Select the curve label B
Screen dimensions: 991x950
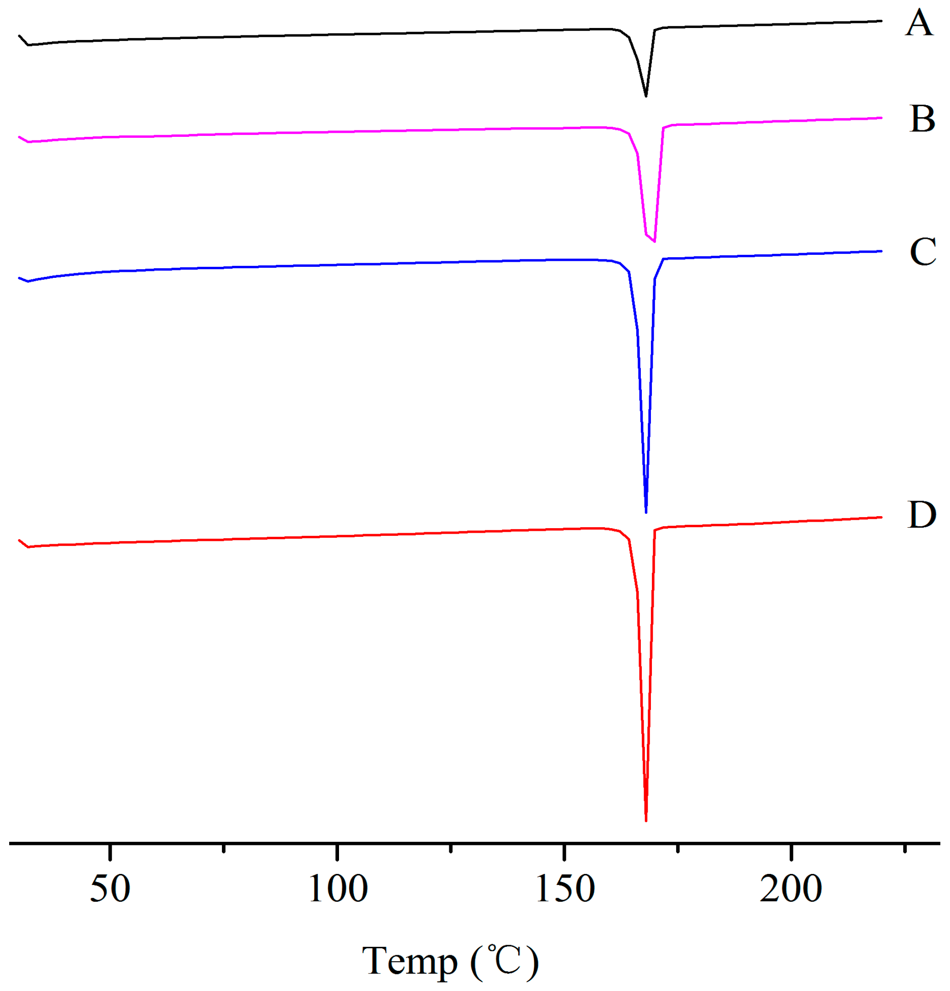[922, 119]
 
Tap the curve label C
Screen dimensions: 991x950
[922, 252]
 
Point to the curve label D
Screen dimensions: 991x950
[921, 515]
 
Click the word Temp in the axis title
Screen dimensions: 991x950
[409, 961]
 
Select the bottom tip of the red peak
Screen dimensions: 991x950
[645, 821]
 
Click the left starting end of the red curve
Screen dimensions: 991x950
[19, 541]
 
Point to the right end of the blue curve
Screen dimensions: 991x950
[881, 251]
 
